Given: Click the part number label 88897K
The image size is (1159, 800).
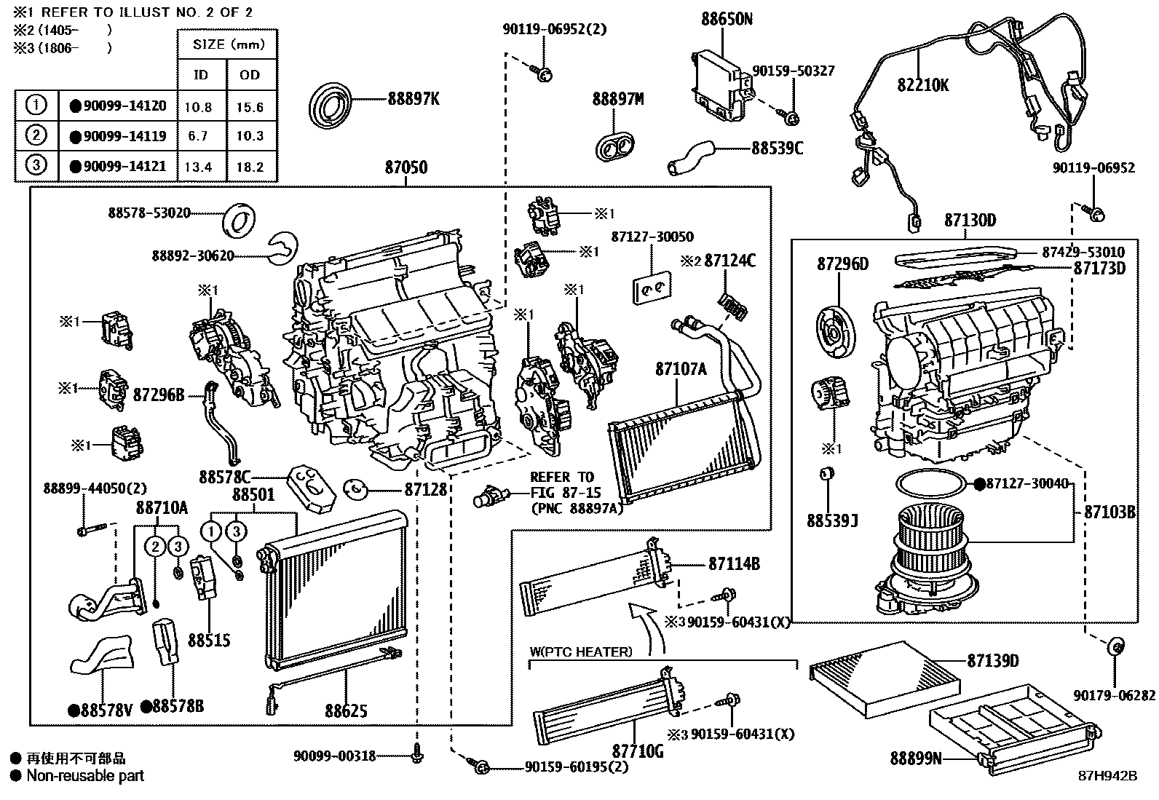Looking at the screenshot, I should point(413,99).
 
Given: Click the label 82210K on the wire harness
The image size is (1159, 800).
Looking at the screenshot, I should point(922,85).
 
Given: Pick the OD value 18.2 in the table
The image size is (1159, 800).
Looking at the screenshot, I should point(250,167).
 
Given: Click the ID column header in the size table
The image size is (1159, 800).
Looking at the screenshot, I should point(200,75).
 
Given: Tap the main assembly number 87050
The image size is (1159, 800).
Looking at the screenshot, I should point(406,167).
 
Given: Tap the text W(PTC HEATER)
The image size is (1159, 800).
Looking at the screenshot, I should point(580,652).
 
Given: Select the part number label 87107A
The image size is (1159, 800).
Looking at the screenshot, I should point(680,369).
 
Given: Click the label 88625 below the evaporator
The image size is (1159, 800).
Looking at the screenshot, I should point(345,711).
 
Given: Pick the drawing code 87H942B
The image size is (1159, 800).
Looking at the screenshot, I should point(1107,775).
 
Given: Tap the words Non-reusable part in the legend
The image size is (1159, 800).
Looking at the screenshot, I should point(85,776).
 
